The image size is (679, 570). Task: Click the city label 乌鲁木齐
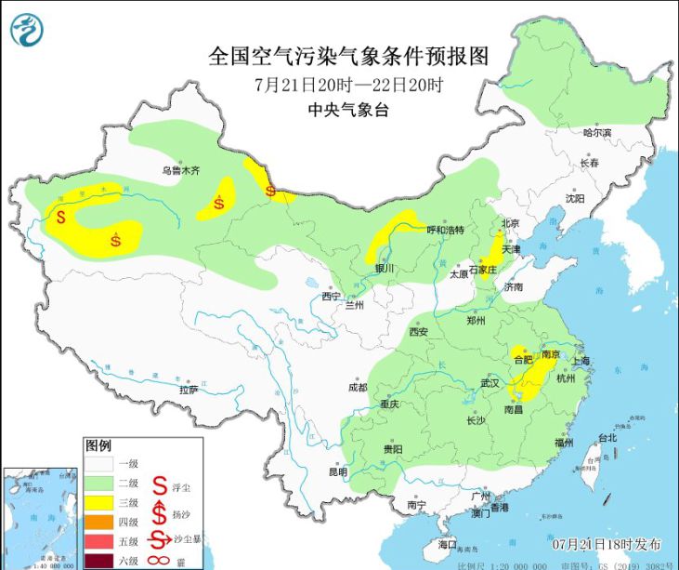(182, 171)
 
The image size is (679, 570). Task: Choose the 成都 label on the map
(358, 387)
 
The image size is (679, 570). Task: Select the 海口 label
(448, 543)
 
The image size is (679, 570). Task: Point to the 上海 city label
(582, 360)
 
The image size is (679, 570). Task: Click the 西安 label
(418, 332)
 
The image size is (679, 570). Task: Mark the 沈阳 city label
(575, 199)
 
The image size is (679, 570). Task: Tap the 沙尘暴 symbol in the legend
(160, 540)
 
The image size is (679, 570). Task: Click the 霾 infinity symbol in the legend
(160, 559)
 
